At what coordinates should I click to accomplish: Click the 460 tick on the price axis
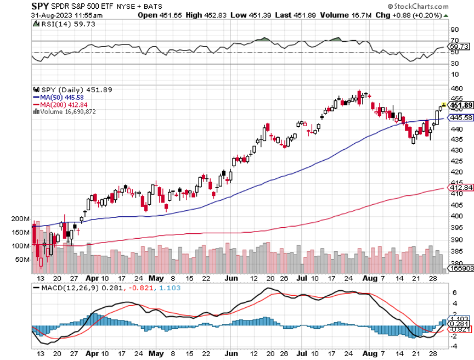455,88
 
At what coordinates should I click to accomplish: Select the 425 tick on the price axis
455,161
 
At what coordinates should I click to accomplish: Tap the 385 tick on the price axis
455,251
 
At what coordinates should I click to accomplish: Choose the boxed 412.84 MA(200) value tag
461,188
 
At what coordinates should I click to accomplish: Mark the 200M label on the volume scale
20,218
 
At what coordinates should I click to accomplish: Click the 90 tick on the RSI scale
454,29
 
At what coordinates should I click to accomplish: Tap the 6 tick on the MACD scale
454,293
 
